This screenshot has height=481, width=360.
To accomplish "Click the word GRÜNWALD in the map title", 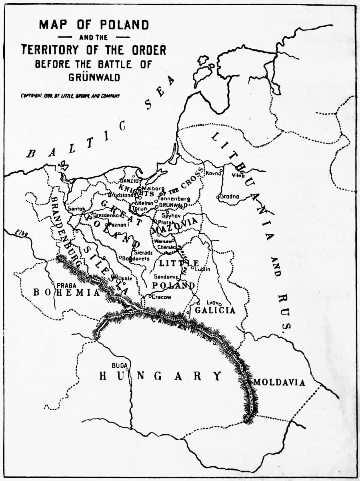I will point(94,78).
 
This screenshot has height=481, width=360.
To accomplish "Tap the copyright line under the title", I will point(70,96).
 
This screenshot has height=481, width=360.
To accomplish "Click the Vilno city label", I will point(238,175).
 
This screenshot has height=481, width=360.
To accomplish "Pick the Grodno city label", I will point(230,196).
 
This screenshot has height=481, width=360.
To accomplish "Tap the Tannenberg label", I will point(174,198).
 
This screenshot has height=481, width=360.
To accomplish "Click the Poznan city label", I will point(118,224).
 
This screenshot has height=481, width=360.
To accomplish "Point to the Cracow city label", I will point(161,297).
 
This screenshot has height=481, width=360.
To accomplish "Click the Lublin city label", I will point(202,269).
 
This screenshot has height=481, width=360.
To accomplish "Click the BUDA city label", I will point(119,365).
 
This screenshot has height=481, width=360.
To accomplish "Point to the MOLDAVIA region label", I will point(279,383).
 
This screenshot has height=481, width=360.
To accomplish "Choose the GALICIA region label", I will point(215,310).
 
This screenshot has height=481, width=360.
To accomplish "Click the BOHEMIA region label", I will point(66,293).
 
